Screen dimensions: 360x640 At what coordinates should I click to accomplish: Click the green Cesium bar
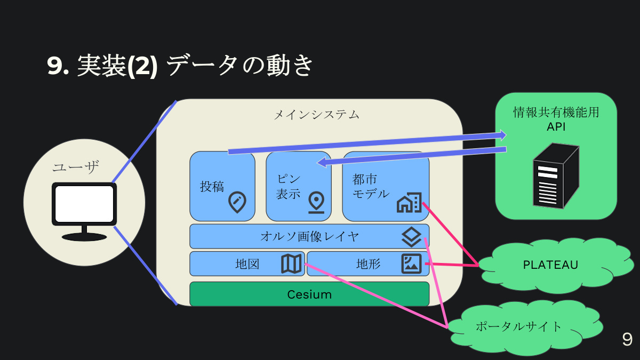tap(309, 294)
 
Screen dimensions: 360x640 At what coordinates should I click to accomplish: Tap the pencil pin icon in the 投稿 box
tap(237, 202)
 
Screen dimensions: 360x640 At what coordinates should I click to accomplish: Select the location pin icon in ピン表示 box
tap(316, 202)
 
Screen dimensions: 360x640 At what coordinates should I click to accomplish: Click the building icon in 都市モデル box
tap(409, 202)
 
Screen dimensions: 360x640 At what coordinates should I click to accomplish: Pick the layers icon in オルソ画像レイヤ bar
tap(411, 236)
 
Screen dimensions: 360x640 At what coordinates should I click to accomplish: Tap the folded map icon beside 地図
tap(291, 263)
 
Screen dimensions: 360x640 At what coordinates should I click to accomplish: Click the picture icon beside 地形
tap(411, 263)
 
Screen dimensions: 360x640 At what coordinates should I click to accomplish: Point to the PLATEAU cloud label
tap(550, 265)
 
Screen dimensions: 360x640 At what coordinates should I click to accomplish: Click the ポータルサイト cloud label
tap(518, 326)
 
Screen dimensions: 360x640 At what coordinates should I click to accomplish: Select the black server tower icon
tap(555, 175)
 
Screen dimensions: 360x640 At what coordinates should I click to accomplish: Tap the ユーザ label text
tap(76, 167)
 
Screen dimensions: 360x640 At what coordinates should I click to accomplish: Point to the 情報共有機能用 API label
tap(556, 119)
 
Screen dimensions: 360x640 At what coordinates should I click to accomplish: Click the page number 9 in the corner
tap(627, 340)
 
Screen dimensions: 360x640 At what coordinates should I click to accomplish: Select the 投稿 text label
tap(212, 186)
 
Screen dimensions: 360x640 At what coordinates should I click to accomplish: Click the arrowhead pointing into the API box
tap(502, 135)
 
